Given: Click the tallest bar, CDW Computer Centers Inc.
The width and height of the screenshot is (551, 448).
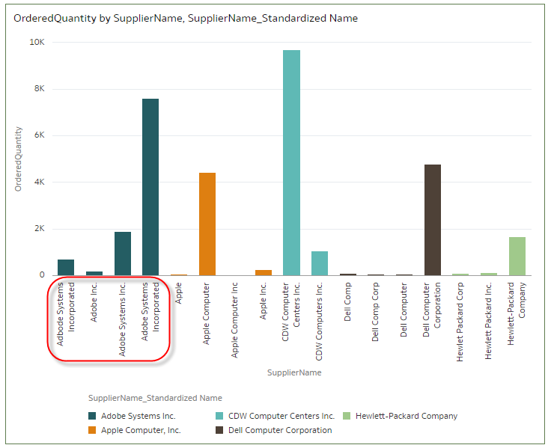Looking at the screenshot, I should tap(291, 162).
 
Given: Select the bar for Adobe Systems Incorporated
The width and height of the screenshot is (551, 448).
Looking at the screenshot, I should tap(150, 187).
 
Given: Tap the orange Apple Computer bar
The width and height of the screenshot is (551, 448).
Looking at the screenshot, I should tap(207, 224).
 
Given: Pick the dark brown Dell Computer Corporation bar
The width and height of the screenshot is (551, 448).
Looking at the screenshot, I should tap(433, 220).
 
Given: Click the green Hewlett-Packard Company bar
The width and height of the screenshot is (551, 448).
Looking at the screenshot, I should tap(517, 256).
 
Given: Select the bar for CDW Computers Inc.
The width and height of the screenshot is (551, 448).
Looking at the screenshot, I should tap(320, 263).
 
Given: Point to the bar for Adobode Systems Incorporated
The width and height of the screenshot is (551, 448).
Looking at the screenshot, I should tap(66, 268).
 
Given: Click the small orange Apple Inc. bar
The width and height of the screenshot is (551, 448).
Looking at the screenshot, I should tap(264, 272).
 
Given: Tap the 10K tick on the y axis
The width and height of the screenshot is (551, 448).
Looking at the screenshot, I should tap(37, 43).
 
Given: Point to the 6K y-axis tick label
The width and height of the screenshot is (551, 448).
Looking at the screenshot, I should tap(40, 135).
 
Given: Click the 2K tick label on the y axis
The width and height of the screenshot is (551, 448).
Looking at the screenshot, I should tap(40, 228).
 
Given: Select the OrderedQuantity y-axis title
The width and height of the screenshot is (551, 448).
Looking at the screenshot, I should tap(19, 159).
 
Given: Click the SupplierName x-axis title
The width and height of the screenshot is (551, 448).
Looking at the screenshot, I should tap(294, 372).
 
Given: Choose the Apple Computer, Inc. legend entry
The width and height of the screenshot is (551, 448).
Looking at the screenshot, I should tap(141, 430).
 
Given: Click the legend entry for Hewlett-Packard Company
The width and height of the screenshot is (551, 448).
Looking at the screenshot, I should tap(407, 416).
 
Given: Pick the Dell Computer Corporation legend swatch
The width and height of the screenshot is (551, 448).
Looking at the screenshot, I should tap(219, 430).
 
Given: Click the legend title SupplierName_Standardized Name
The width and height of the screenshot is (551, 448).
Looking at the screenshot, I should tap(155, 398).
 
